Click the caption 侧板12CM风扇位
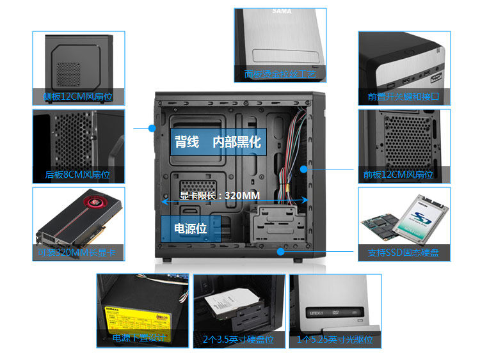(77, 98)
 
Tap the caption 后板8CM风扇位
(77, 175)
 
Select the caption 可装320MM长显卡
(77, 253)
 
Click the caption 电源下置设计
(140, 338)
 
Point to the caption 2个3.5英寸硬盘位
(238, 340)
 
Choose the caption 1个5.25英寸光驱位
(335, 340)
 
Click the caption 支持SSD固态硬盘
(403, 253)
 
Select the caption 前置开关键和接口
(403, 97)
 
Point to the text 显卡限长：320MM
(220, 196)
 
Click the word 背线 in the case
(187, 142)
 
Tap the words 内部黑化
(237, 142)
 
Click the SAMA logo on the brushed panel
(282, 12)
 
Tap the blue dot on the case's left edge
(152, 129)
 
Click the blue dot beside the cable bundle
(304, 169)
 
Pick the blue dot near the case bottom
(280, 251)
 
